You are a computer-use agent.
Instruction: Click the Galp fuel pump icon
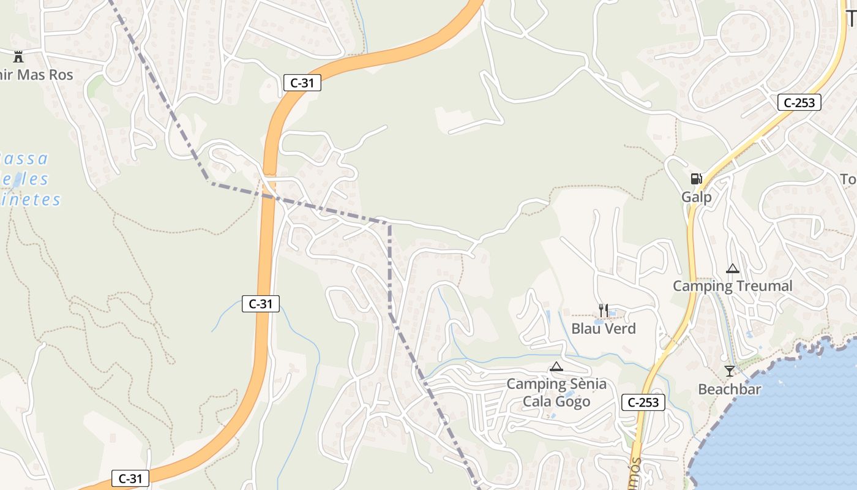pyautogui.click(x=696, y=179)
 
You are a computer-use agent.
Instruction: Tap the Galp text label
pyautogui.click(x=697, y=197)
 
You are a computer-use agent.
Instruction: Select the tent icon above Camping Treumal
pyautogui.click(x=732, y=268)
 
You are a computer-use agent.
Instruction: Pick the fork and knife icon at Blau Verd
pyautogui.click(x=604, y=311)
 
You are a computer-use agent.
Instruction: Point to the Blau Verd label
pyautogui.click(x=604, y=329)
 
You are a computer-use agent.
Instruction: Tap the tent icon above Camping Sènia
pyautogui.click(x=556, y=367)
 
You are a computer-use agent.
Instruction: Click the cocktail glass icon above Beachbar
pyautogui.click(x=729, y=371)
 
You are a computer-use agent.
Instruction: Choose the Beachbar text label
pyautogui.click(x=730, y=390)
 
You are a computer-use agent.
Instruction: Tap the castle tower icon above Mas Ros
pyautogui.click(x=18, y=57)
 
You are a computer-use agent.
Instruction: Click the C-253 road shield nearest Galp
pyautogui.click(x=799, y=102)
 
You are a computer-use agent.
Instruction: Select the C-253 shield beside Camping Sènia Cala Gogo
pyautogui.click(x=643, y=402)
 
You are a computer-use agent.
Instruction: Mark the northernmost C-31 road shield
pyautogui.click(x=302, y=83)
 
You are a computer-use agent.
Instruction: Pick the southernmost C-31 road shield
pyautogui.click(x=130, y=478)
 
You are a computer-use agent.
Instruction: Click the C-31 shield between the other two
pyautogui.click(x=261, y=304)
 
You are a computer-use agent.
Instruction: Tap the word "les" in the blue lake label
pyautogui.click(x=38, y=179)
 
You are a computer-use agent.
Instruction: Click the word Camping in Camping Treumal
pyautogui.click(x=702, y=286)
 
